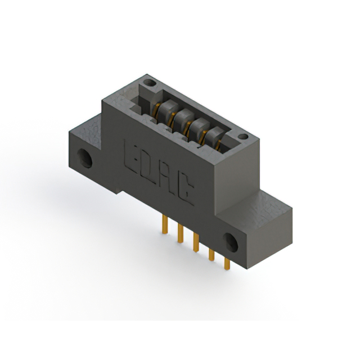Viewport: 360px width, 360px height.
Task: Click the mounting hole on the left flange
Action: point(84,158)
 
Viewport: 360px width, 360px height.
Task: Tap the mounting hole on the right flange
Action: point(231,242)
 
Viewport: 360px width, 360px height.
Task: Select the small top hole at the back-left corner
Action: point(150,83)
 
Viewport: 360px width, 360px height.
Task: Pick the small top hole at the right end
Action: point(243,137)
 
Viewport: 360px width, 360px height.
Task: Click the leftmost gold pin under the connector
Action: point(165,224)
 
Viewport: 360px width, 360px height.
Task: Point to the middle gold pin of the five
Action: point(196,242)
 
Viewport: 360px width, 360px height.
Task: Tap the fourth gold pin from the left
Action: point(211,255)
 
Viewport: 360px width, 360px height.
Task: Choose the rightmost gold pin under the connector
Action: point(227,264)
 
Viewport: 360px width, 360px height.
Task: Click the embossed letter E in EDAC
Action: point(131,156)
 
